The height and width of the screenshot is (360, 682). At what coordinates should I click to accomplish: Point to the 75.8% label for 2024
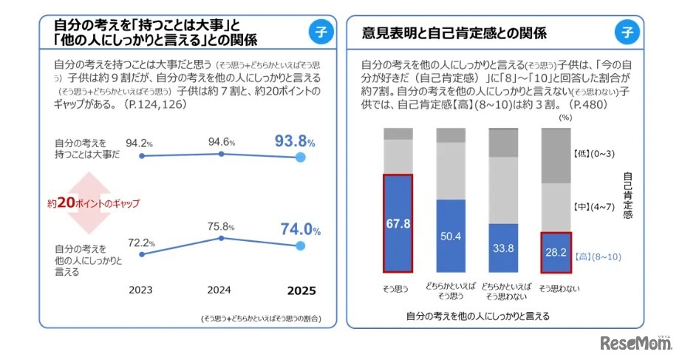(222, 227)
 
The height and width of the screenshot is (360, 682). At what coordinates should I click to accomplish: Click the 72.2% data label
(140, 242)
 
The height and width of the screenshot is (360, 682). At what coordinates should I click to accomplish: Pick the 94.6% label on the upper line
(222, 142)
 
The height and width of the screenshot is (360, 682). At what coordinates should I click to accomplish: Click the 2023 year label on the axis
(140, 290)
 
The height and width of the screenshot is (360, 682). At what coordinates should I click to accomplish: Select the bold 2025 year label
(300, 290)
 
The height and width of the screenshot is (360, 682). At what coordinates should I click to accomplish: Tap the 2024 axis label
(222, 290)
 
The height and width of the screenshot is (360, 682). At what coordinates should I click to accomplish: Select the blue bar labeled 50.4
(450, 236)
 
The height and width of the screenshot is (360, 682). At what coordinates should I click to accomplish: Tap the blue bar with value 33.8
(503, 248)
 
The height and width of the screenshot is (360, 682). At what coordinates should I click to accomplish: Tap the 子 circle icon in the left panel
(320, 31)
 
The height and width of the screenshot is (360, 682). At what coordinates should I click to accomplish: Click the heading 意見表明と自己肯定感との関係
(454, 33)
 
